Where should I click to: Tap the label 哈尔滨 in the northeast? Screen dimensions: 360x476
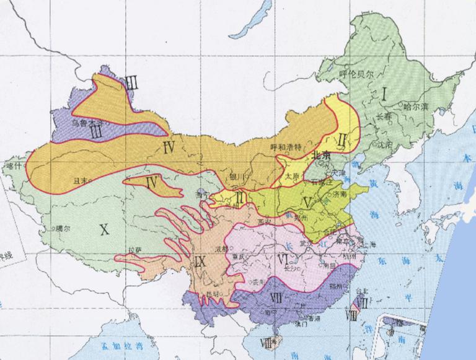(416, 106)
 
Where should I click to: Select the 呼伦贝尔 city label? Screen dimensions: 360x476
(357, 74)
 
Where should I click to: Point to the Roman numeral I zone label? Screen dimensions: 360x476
(385, 94)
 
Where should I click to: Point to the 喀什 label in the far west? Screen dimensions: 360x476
(12, 166)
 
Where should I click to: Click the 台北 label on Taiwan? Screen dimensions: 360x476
(365, 289)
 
